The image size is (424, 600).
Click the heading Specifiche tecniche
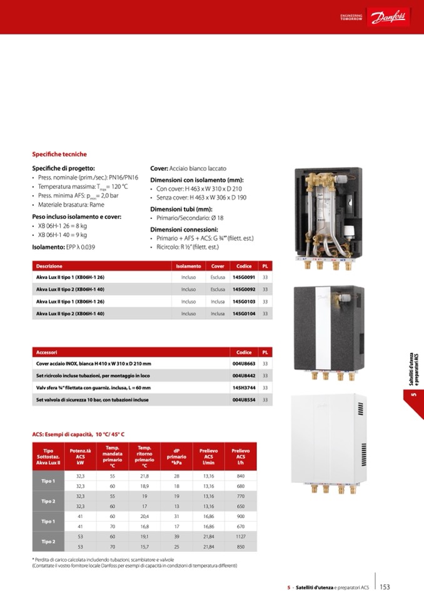coord(59,154)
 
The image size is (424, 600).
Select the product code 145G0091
coord(244,277)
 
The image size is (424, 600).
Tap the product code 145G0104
coord(244,313)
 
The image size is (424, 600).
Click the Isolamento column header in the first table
coord(188,266)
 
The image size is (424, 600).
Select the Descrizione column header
coord(49,266)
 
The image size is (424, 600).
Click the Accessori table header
coord(47,352)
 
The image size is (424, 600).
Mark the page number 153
coord(385,587)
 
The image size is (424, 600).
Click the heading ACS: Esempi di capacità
coord(78,434)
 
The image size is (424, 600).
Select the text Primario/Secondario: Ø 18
coord(189,218)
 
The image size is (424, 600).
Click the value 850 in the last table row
coord(241,546)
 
